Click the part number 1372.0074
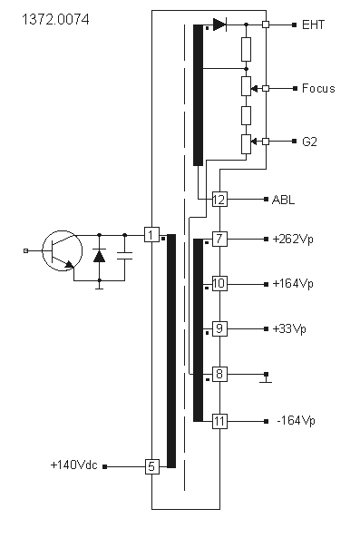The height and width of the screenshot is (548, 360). (55, 19)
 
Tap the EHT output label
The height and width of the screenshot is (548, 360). (313, 24)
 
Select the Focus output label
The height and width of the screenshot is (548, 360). (318, 88)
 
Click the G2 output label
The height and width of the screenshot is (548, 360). (309, 142)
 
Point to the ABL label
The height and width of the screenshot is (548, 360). (283, 200)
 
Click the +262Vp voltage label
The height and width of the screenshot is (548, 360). (293, 240)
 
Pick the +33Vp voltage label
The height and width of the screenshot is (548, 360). (289, 329)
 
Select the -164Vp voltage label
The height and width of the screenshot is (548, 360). (296, 420)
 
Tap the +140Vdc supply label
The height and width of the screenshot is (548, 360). (74, 465)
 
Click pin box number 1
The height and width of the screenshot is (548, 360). (151, 234)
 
